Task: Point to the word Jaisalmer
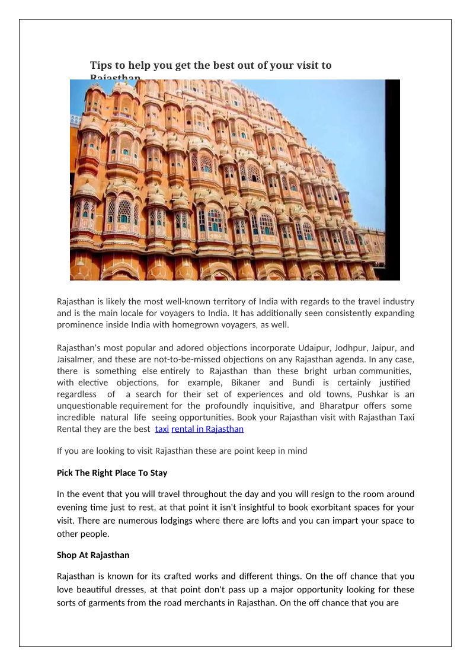point(75,359)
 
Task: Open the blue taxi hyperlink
point(162,429)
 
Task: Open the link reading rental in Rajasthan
point(207,429)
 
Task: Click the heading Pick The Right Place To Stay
point(112,473)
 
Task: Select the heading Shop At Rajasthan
point(93,556)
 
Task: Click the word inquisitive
point(274,406)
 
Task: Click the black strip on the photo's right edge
point(392,178)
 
